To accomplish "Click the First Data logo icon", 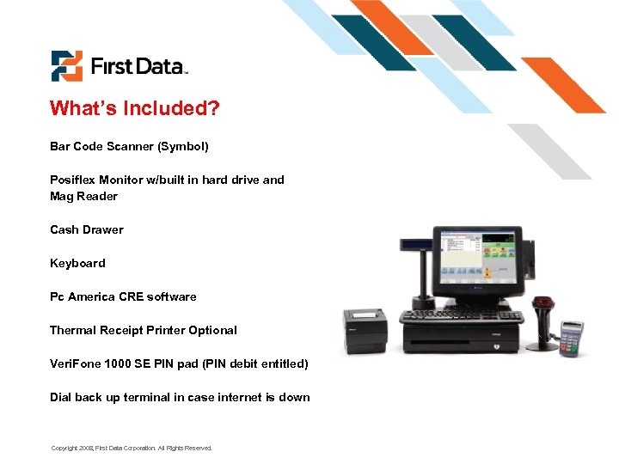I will pyautogui.click(x=66, y=66).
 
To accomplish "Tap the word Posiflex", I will pyautogui.click(x=72, y=180).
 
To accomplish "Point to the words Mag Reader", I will pyautogui.click(x=83, y=196).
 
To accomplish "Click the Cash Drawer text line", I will pyautogui.click(x=86, y=229).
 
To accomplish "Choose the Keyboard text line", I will pyautogui.click(x=77, y=263).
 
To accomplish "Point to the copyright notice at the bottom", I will pyautogui.click(x=131, y=448).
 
